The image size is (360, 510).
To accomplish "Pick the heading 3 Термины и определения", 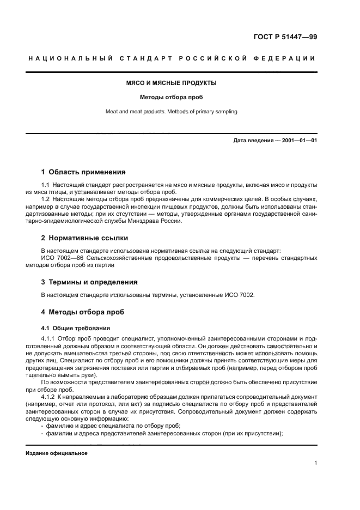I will [89, 282].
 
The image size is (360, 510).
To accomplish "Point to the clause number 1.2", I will [46, 199].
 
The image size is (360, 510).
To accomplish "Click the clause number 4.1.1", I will [49, 339].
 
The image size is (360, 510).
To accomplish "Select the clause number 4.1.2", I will [49, 398].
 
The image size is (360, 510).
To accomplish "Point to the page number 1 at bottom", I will [315, 464].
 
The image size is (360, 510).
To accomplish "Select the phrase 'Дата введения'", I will [253, 141].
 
